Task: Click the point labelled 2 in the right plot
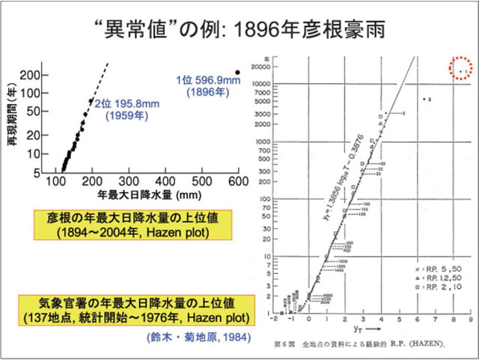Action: [x=424, y=99]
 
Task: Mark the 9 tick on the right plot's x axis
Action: [x=469, y=318]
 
